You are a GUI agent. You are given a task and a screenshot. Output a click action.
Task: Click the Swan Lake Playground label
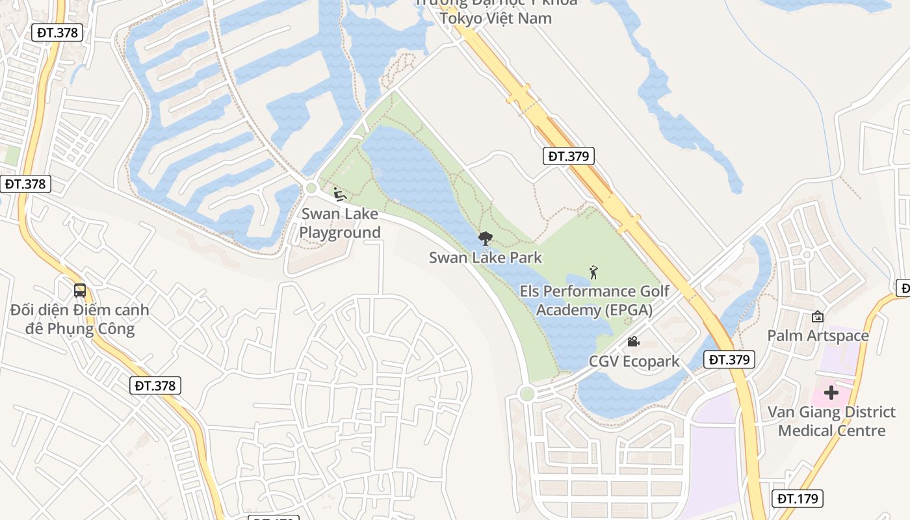click(x=340, y=223)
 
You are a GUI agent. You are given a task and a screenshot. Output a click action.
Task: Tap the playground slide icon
click(x=339, y=194)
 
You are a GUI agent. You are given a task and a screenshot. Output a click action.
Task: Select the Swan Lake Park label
click(x=485, y=257)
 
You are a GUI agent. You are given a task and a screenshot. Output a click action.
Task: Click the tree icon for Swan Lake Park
click(x=485, y=239)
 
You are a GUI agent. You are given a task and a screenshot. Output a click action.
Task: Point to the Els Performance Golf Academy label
click(x=594, y=300)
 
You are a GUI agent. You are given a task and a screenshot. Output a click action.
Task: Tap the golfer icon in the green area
click(x=593, y=272)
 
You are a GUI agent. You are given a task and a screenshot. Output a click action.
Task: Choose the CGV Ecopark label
click(x=634, y=361)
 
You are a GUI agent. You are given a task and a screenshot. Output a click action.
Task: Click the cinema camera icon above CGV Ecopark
click(x=632, y=341)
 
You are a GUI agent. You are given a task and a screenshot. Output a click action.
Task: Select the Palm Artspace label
click(x=818, y=335)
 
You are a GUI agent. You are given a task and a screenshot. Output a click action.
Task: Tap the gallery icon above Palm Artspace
click(x=818, y=317)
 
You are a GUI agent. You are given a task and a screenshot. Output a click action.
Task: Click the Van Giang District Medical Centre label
click(x=831, y=421)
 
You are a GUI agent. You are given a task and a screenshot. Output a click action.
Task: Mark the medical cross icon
click(x=831, y=393)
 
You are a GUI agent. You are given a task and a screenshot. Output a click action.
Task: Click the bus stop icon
click(x=80, y=291)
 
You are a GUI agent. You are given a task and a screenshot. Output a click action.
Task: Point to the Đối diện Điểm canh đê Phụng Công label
click(x=80, y=319)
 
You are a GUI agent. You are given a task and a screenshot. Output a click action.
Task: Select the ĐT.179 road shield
click(x=799, y=499)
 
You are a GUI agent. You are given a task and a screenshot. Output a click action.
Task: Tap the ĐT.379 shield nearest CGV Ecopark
click(x=729, y=359)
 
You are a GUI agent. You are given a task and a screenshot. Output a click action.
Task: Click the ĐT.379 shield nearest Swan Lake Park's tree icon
click(x=568, y=156)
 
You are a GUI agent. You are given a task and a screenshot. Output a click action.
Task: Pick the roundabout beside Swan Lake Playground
click(x=311, y=188)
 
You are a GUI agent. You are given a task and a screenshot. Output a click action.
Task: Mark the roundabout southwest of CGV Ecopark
click(x=527, y=393)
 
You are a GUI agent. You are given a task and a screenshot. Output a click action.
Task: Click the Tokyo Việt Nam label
click(x=495, y=18)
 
